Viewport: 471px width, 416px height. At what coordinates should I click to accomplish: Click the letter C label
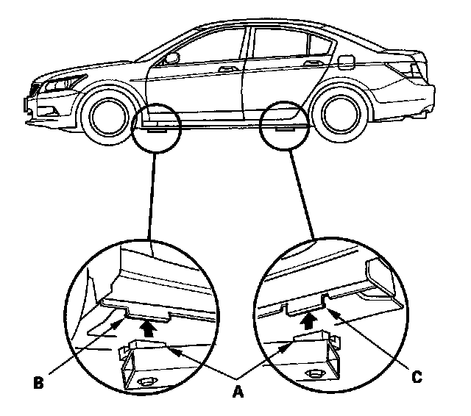(417, 377)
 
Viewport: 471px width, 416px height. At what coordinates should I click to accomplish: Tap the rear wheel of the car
(337, 112)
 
